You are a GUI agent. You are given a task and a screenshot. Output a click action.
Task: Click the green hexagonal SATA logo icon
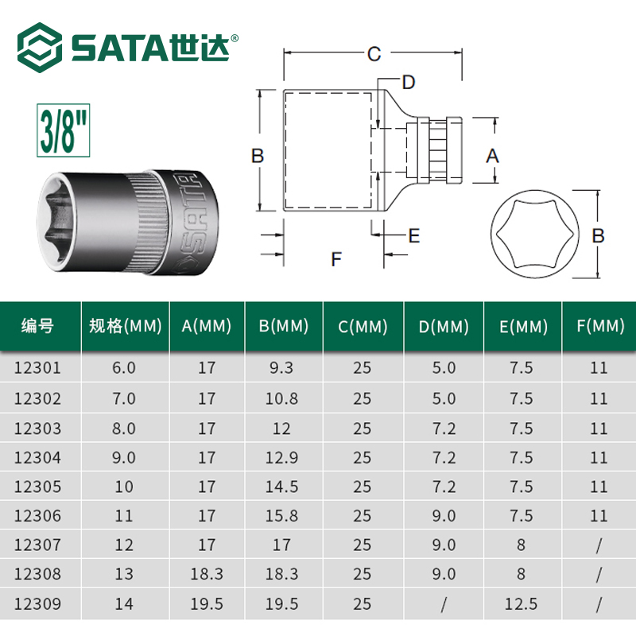[40, 48]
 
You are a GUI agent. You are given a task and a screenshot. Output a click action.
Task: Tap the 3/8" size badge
[64, 130]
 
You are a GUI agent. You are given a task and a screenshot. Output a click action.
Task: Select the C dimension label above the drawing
[374, 54]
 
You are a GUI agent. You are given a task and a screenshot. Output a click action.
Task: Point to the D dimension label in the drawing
[409, 83]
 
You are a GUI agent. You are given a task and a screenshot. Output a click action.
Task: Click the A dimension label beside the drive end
[492, 156]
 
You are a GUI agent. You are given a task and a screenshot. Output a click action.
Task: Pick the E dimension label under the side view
[413, 235]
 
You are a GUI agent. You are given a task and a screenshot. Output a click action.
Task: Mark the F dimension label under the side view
[336, 259]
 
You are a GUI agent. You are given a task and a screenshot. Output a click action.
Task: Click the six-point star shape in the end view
[534, 234]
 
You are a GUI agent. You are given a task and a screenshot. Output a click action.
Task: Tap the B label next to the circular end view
[599, 235]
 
